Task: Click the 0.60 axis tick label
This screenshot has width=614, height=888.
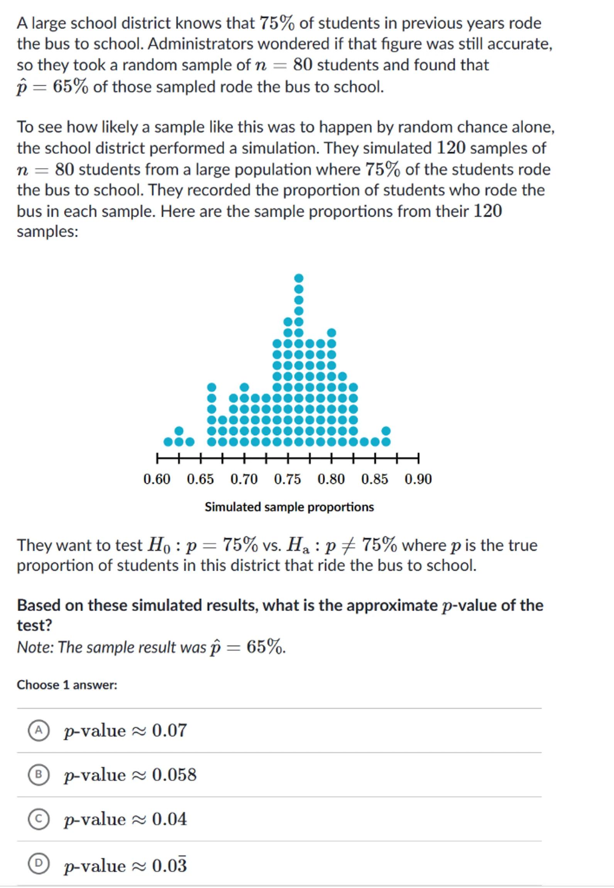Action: (157, 479)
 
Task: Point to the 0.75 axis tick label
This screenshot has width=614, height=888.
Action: (288, 479)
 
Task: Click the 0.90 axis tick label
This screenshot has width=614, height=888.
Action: (418, 479)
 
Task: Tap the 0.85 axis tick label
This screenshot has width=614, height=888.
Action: (375, 479)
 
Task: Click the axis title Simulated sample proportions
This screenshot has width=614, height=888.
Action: (289, 507)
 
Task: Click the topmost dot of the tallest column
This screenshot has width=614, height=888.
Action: (299, 278)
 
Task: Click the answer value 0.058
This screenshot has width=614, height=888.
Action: (174, 775)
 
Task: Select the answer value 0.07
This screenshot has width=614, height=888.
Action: (169, 730)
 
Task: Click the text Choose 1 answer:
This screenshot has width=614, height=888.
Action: (67, 685)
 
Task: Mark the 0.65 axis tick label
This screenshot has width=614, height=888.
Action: (200, 479)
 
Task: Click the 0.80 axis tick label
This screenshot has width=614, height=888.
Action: (331, 479)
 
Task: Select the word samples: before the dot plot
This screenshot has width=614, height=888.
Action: (47, 232)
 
